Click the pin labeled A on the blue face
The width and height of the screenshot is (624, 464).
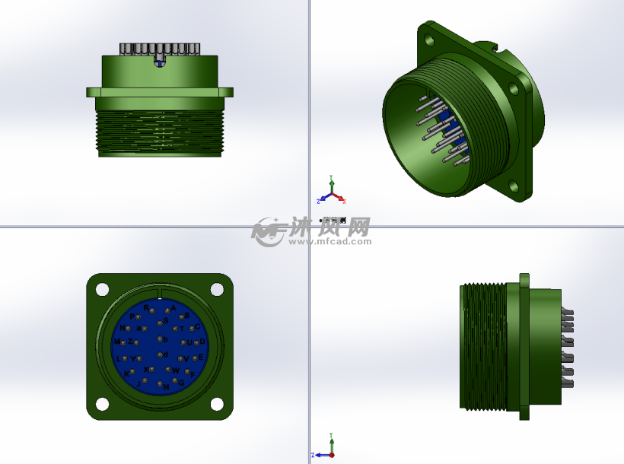pyautogui.click(x=167, y=310)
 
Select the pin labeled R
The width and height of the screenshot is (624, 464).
pyautogui.click(x=152, y=310)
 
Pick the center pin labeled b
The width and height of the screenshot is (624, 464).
pyautogui.click(x=160, y=338)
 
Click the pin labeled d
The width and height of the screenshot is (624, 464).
pyautogui.click(x=160, y=355)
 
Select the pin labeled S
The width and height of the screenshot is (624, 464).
pyautogui.click(x=160, y=323)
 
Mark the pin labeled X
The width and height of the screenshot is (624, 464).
pyautogui.click(x=151, y=369)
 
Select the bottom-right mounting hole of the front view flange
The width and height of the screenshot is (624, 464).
pyautogui.click(x=217, y=404)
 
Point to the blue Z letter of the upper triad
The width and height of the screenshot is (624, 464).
pyautogui.click(x=318, y=202)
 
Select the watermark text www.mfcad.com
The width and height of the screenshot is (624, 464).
pyautogui.click(x=330, y=241)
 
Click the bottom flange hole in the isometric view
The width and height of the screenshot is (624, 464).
pyautogui.click(x=515, y=184)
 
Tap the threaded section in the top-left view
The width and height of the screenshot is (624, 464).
pyautogui.click(x=160, y=133)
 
